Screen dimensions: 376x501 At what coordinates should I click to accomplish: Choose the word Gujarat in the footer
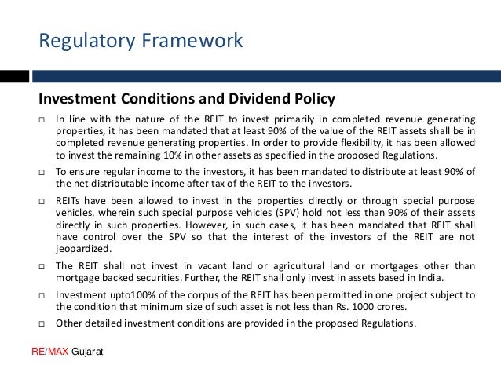tap(87, 353)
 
